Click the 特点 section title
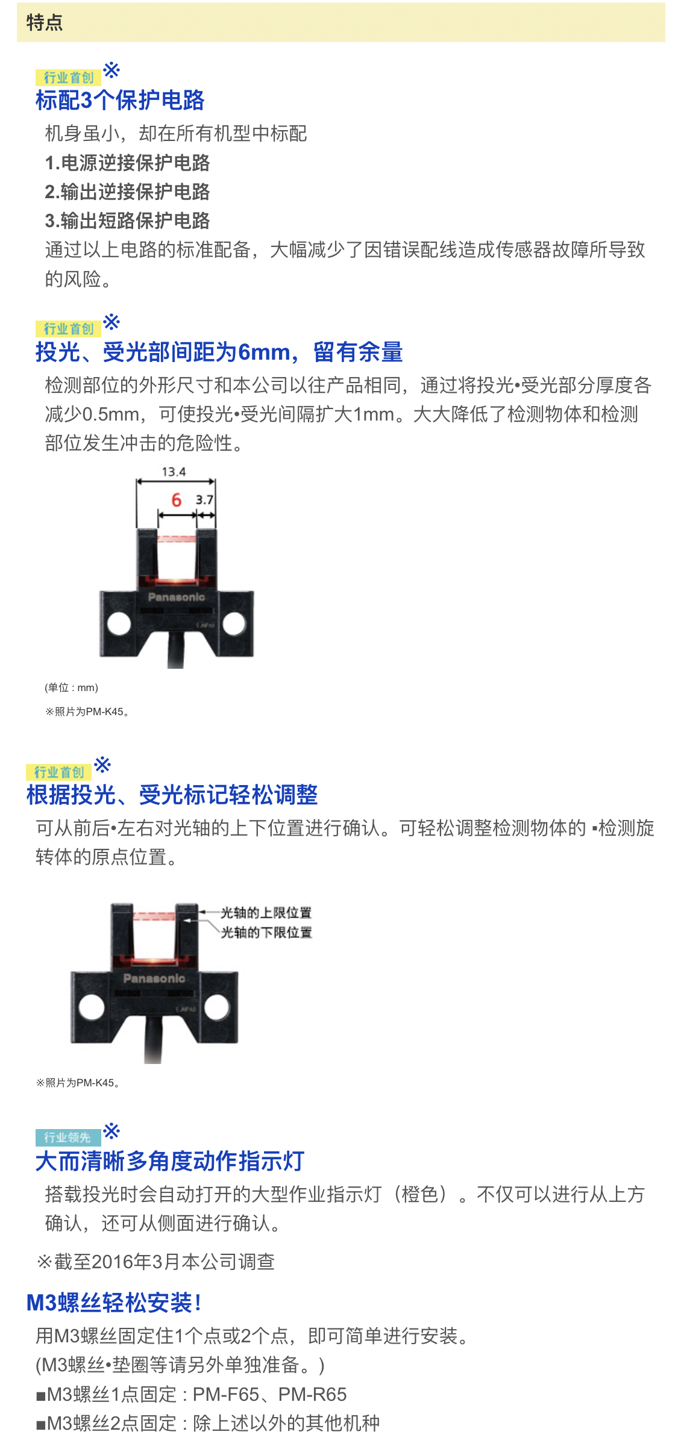pos(45,23)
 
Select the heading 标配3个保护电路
pos(120,101)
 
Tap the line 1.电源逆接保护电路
pos(127,163)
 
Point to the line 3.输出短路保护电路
pos(127,221)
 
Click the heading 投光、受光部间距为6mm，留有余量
pos(219,352)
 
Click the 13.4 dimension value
pos(174,472)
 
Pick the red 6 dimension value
pos(176,500)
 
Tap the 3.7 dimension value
pos(204,500)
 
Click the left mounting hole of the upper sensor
pos(119,623)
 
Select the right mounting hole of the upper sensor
pos(234,623)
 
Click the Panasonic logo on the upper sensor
pos(177,597)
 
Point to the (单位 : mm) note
pos(71,687)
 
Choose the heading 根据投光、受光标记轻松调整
pos(172,795)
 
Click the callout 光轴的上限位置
pos(266,913)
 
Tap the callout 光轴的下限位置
pos(266,933)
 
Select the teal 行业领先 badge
pos(67,1138)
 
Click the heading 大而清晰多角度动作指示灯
pos(170,1161)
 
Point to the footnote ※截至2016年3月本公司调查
pos(156,1262)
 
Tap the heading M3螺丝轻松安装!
pos(114,1303)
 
